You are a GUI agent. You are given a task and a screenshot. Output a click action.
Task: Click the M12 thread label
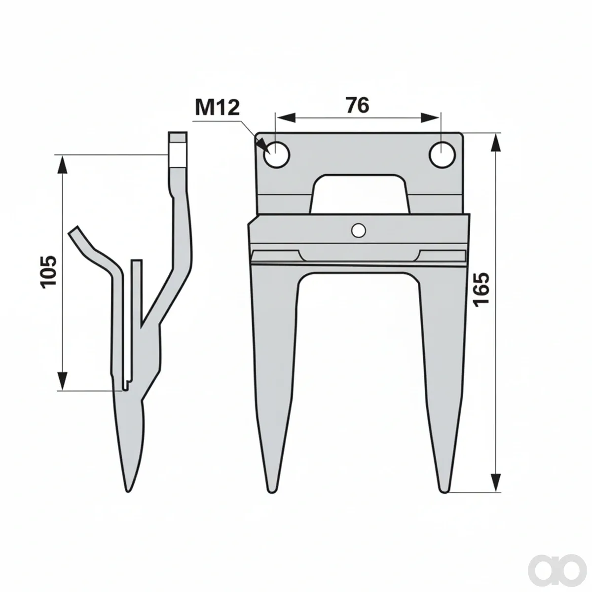click(x=217, y=108)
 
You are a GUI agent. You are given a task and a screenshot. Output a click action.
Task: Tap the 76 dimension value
click(x=358, y=106)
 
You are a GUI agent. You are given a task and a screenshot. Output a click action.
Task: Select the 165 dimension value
click(x=481, y=289)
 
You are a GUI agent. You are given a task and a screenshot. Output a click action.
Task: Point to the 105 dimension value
click(x=48, y=272)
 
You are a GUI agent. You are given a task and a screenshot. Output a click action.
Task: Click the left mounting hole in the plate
click(x=276, y=154)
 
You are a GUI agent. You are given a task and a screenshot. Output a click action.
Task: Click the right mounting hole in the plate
click(x=442, y=154)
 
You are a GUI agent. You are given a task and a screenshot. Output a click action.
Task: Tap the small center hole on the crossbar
click(x=358, y=230)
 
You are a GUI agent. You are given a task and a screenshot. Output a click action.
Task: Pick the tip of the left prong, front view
click(x=271, y=492)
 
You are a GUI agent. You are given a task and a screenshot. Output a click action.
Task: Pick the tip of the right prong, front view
click(x=444, y=492)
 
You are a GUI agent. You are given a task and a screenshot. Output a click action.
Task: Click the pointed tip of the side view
click(x=128, y=491)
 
